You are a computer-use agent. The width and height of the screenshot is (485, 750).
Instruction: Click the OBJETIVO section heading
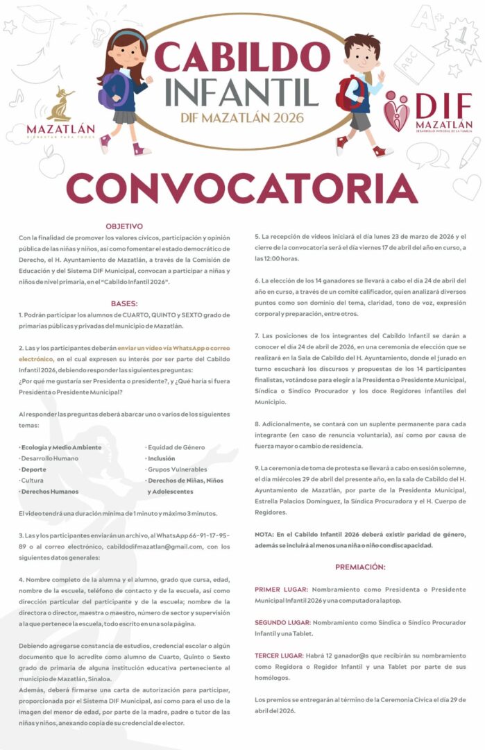pyautogui.click(x=124, y=226)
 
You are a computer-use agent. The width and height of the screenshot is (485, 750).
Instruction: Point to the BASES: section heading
pyautogui.click(x=124, y=303)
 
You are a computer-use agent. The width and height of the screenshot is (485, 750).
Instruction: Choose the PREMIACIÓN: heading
pyautogui.click(x=359, y=567)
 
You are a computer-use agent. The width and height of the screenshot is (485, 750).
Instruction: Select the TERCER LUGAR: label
pyautogui.click(x=279, y=656)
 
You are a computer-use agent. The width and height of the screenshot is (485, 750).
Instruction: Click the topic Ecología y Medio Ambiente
pyautogui.click(x=60, y=447)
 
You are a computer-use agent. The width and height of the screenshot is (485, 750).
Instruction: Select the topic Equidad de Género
pyautogui.click(x=174, y=447)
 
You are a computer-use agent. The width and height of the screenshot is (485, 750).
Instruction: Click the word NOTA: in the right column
pyautogui.click(x=264, y=534)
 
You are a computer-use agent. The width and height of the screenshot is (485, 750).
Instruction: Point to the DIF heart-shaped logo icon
pyautogui.click(x=398, y=111)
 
